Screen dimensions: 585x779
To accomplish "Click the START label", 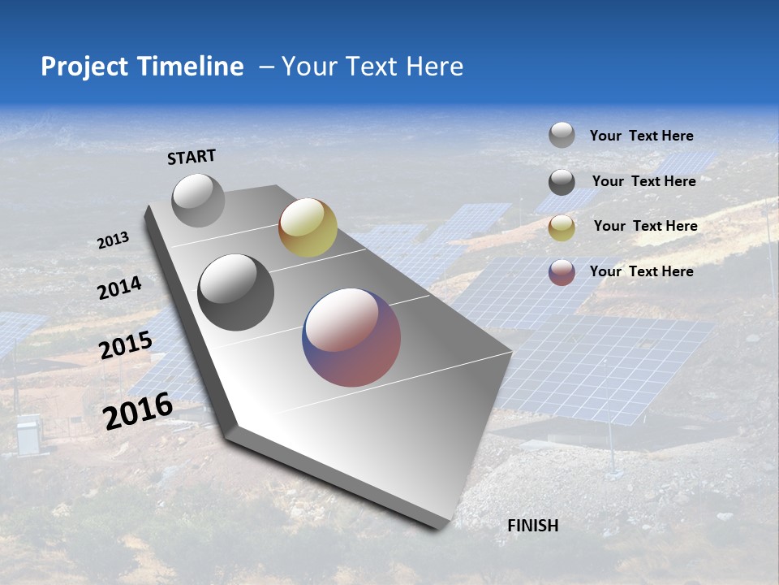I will pos(192,157).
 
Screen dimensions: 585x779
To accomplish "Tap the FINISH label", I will pos(532,526).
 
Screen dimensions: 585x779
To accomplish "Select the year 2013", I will pos(113,240).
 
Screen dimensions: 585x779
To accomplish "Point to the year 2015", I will pos(126,345).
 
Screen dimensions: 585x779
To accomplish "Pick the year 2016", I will pos(138,410).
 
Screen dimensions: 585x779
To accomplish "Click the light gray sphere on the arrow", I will pos(198,200).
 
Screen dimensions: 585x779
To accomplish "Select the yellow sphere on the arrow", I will pos(308,227).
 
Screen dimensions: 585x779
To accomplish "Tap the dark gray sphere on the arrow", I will pos(236,292).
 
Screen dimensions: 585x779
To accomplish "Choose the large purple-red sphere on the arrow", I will pos(351,337).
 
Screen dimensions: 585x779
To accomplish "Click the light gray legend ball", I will pos(562,135).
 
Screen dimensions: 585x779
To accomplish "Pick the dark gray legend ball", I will pos(562,182).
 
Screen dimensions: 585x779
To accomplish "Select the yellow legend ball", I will pos(562,227).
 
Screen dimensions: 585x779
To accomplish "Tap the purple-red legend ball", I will pos(562,272).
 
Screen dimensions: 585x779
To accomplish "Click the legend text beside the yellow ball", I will pos(645,226).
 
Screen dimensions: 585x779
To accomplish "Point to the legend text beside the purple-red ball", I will pos(641,271).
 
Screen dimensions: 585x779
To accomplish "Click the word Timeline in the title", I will pos(191,67).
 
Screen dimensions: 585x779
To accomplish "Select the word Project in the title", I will pos(84,67).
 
